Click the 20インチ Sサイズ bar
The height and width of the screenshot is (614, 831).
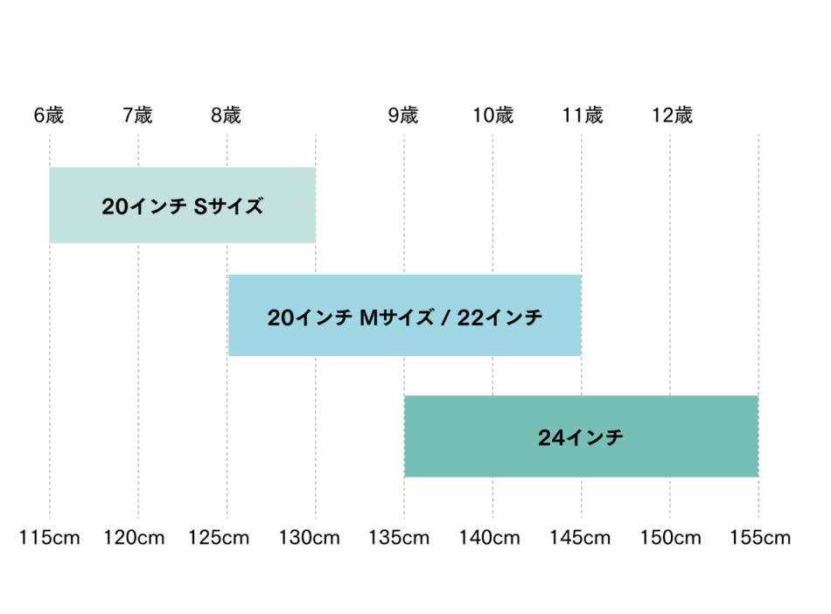182,206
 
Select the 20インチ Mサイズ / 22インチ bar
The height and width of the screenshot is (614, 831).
404,315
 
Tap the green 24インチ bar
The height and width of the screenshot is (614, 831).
581,437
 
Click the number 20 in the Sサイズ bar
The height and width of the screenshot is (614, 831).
115,207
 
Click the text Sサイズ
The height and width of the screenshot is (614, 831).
227,207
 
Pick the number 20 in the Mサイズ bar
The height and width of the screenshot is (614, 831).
281,317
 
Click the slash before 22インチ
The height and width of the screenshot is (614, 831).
445,317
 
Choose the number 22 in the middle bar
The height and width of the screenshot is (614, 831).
471,317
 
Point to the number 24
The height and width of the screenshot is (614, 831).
551,438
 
